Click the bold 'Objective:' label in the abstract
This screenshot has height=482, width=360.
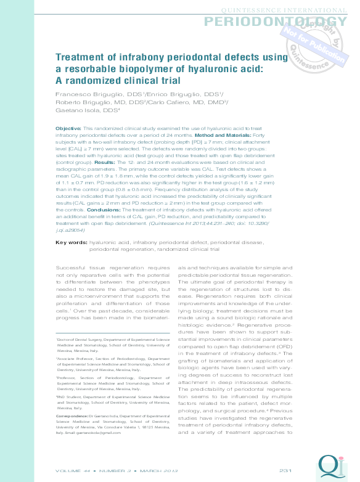[64, 126]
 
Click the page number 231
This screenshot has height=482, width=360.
[285, 471]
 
